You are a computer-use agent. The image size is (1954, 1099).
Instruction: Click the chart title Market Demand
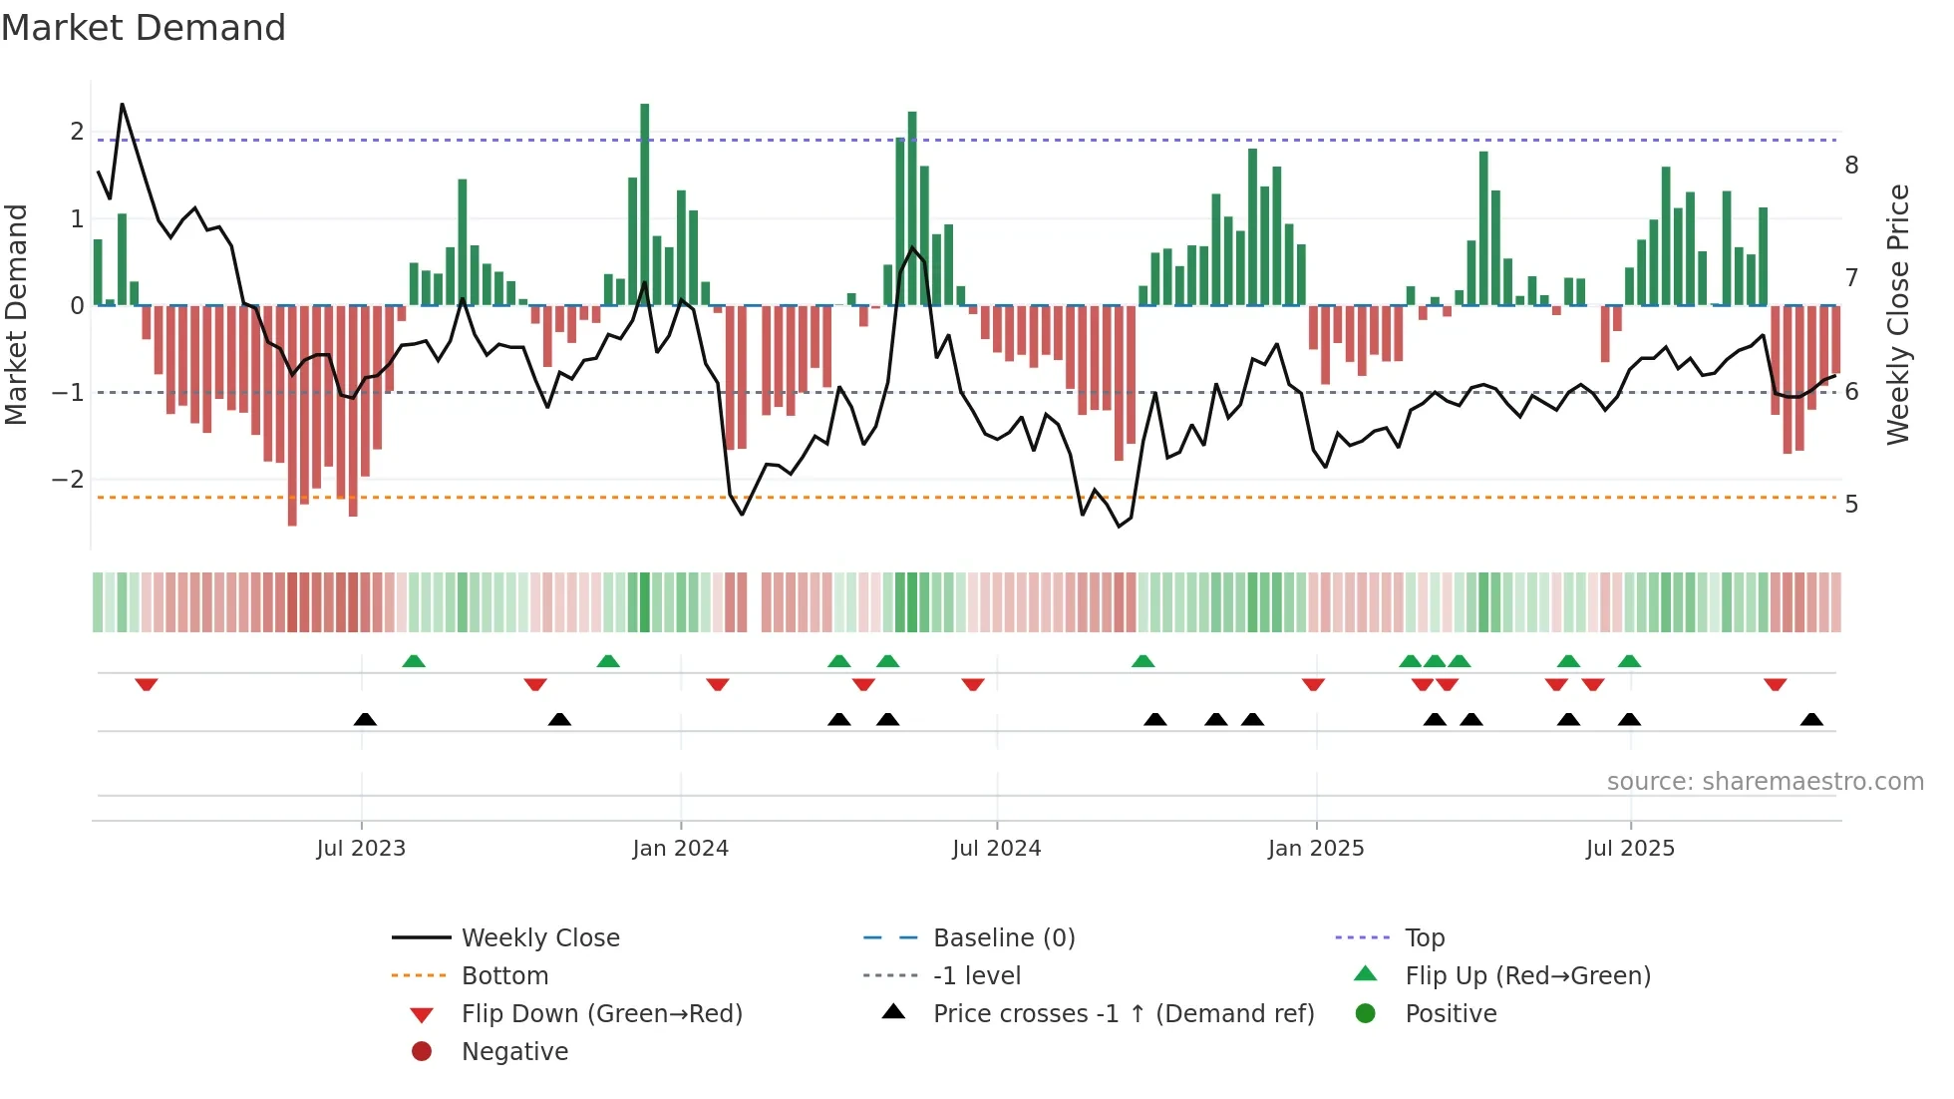coord(144,28)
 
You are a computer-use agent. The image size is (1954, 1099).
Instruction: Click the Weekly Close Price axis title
coord(1898,314)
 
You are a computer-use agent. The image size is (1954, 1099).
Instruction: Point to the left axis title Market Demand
coord(17,314)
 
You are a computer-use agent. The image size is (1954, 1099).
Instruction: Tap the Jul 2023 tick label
coord(361,849)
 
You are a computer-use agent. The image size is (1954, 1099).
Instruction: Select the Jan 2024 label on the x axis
coord(680,849)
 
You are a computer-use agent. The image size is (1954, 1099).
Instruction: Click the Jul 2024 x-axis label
coord(996,849)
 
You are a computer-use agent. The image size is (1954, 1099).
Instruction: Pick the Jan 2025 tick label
coord(1315,849)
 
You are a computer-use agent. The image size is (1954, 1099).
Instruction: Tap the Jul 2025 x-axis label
coord(1630,849)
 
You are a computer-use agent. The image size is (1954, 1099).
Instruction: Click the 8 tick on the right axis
coord(1851,166)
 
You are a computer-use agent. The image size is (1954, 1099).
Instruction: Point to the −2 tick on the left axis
coord(68,480)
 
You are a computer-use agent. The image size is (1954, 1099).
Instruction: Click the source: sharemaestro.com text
coord(1765,782)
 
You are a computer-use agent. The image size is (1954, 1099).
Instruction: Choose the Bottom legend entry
coord(504,976)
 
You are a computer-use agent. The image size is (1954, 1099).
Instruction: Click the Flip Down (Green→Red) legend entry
coord(601,1014)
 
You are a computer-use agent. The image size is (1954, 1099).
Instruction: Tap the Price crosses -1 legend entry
coord(1123,1014)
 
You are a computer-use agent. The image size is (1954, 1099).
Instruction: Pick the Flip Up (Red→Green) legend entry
coord(1527,976)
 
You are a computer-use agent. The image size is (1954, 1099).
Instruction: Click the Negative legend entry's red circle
coord(422,1052)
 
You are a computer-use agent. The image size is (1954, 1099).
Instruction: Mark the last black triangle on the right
coord(1811,719)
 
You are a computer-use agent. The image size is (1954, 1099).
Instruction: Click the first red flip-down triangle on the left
coord(147,684)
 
